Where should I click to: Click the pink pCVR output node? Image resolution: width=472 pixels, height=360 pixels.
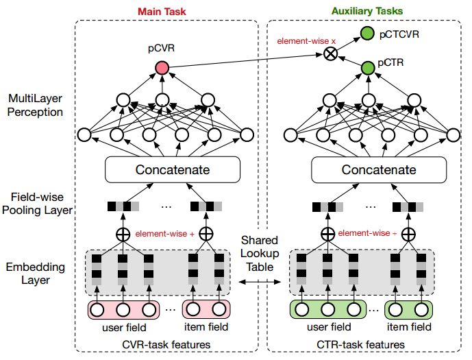coord(162,67)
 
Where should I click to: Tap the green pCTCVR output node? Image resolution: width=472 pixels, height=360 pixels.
coord(368,33)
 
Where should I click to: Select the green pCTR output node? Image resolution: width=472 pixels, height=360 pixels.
coord(368,67)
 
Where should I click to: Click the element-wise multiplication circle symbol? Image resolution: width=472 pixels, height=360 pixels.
coord(331,54)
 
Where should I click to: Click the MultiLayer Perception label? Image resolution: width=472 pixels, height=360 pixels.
coord(36,105)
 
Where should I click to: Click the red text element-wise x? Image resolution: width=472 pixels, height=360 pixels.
coord(306,41)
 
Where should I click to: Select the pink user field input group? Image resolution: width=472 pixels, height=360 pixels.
coord(122,310)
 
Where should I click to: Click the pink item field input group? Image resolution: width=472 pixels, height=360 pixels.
coord(205,310)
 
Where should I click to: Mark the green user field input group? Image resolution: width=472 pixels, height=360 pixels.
coord(327,310)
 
